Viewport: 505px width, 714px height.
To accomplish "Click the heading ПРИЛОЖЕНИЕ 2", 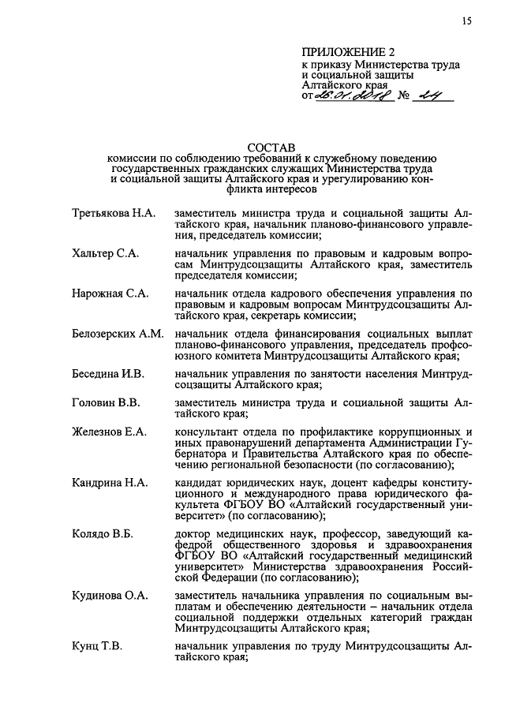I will coord(348,52).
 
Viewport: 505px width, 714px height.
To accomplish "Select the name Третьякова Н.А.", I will coord(113,215).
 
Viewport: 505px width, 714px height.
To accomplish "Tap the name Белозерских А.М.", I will coord(118,335).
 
